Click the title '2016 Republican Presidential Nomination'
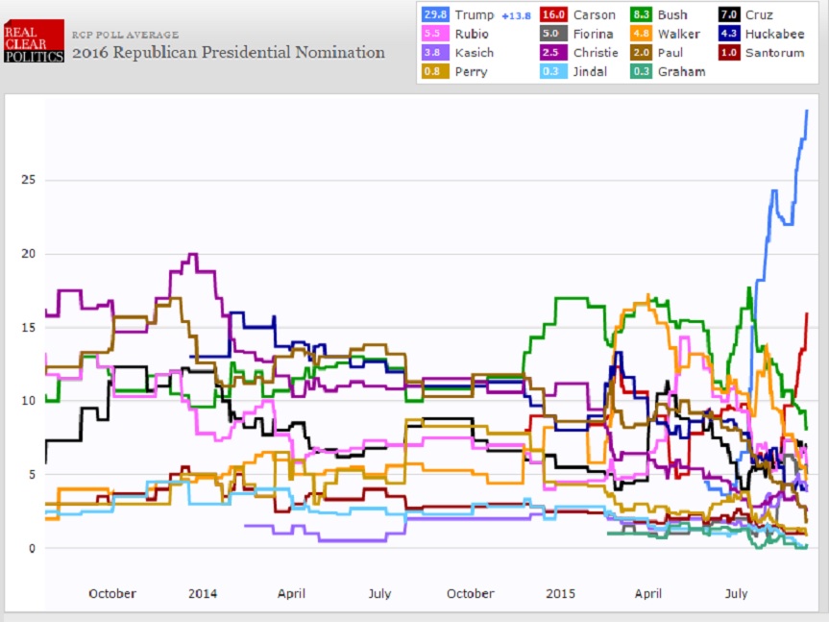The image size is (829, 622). [229, 52]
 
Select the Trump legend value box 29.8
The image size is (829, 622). [435, 15]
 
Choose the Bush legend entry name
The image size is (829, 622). [672, 15]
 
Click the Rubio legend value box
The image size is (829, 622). [435, 34]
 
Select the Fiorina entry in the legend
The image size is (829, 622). [594, 34]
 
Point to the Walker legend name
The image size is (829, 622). [676, 34]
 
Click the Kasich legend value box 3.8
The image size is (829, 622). [435, 52]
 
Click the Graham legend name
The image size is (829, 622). [680, 71]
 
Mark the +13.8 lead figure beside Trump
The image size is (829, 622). [516, 15]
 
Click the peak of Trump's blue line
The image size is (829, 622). [807, 111]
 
